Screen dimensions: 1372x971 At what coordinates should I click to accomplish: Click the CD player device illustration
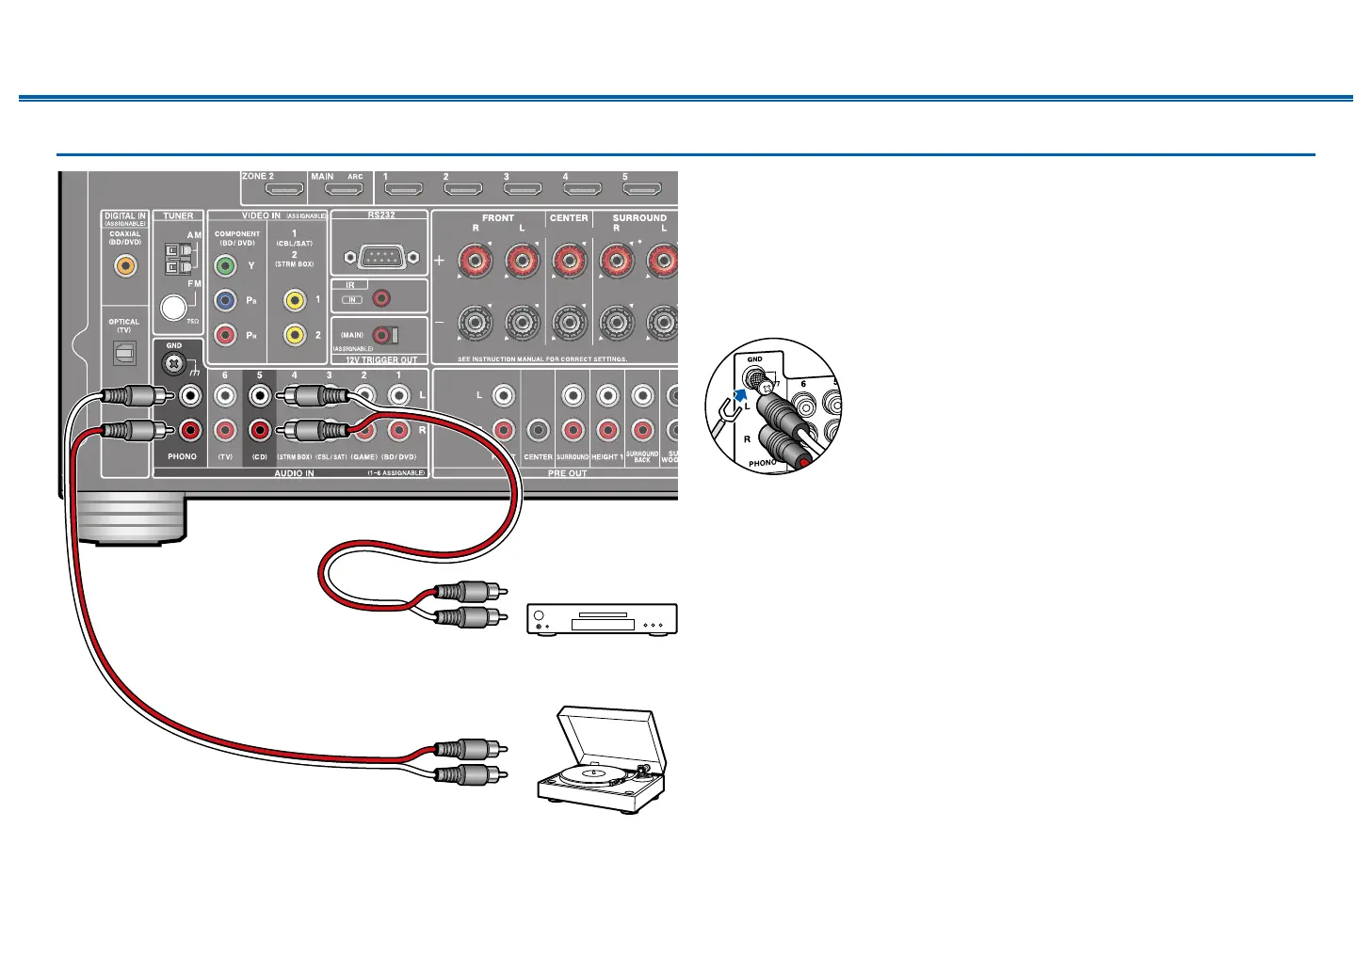(601, 618)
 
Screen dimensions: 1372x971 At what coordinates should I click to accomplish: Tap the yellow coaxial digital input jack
(124, 266)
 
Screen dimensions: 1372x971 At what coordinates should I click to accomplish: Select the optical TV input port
(124, 353)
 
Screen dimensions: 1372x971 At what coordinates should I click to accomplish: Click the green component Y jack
(225, 266)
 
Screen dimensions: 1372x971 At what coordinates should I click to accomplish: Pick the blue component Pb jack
(225, 301)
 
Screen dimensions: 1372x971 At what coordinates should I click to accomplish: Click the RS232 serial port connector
(381, 256)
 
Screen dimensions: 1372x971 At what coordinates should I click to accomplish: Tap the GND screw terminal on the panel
(174, 362)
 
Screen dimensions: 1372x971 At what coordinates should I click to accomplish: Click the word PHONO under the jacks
(182, 457)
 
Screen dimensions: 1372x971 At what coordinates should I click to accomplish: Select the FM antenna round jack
(173, 307)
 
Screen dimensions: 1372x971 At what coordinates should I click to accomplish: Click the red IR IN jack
(381, 298)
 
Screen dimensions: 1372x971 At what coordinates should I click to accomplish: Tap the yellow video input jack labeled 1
(295, 300)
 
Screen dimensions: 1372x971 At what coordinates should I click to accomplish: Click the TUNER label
(178, 216)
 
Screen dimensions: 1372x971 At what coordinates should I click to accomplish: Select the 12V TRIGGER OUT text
(380, 360)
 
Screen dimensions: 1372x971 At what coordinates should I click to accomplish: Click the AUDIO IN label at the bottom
(294, 473)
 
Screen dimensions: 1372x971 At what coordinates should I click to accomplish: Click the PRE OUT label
(567, 473)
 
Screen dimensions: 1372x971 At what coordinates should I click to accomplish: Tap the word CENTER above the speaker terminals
(569, 218)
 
